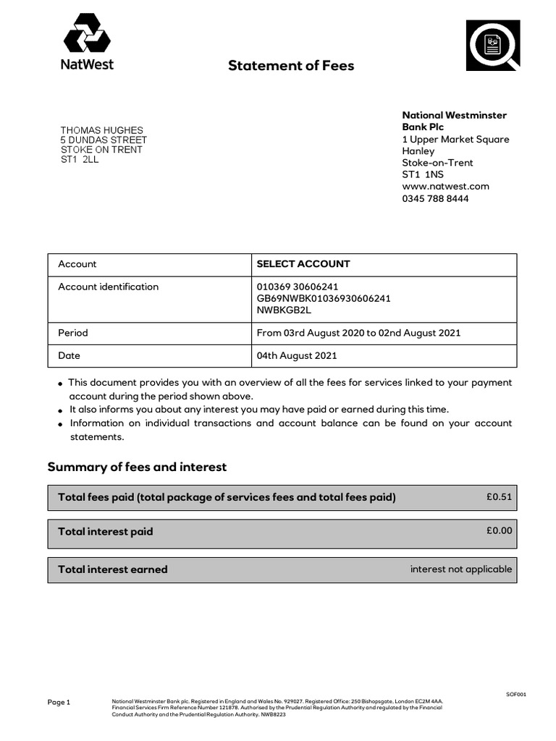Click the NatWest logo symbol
click(x=86, y=34)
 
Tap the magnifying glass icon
click(x=492, y=45)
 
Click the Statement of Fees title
click(x=291, y=66)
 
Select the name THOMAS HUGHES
click(x=101, y=130)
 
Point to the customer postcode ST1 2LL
click(x=79, y=159)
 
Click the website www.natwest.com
click(x=445, y=186)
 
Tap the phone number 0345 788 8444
click(x=435, y=198)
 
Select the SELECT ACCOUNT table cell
click(x=303, y=264)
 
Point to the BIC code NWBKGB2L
click(x=284, y=310)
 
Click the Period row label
click(x=73, y=333)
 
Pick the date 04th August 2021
click(x=297, y=355)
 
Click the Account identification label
click(x=108, y=287)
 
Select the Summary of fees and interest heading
click(x=137, y=467)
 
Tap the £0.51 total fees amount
click(x=499, y=496)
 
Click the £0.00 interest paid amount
click(x=499, y=530)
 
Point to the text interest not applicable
click(x=460, y=569)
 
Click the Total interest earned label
click(x=112, y=569)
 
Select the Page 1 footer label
click(x=59, y=702)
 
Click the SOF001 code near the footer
click(x=515, y=694)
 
